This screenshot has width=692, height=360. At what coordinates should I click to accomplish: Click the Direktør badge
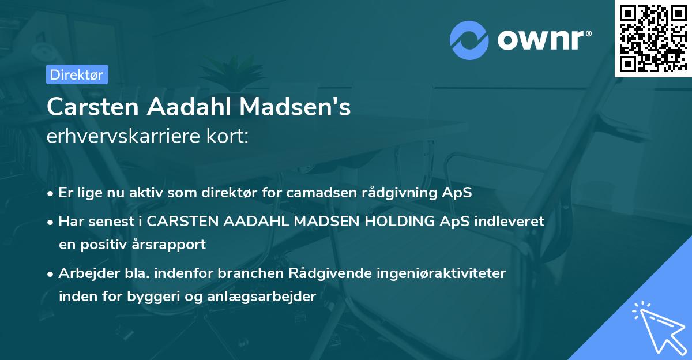[x=77, y=74]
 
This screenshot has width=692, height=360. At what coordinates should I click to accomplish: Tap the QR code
[x=652, y=38]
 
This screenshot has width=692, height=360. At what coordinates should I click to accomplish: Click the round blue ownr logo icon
[x=469, y=41]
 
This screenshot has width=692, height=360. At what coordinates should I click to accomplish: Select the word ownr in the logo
[x=542, y=41]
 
